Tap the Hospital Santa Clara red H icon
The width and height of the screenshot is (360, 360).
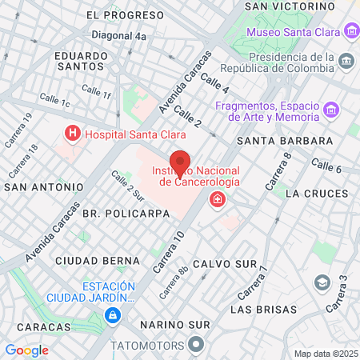pyautogui.click(x=73, y=134)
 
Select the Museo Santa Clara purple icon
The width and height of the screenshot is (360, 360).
pyautogui.click(x=350, y=32)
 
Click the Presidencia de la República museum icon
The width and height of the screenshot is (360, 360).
pyautogui.click(x=346, y=62)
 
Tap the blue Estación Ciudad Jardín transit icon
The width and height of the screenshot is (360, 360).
pyautogui.click(x=113, y=316)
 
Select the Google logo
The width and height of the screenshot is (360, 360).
pyautogui.click(x=26, y=350)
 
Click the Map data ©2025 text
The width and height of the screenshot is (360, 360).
pyautogui.click(x=325, y=353)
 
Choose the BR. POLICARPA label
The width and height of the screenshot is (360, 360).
pyautogui.click(x=126, y=214)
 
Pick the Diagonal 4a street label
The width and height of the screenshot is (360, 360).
pyautogui.click(x=118, y=37)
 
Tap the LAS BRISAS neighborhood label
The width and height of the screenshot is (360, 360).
pyautogui.click(x=263, y=309)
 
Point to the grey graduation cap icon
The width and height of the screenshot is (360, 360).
pyautogui.click(x=322, y=282)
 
